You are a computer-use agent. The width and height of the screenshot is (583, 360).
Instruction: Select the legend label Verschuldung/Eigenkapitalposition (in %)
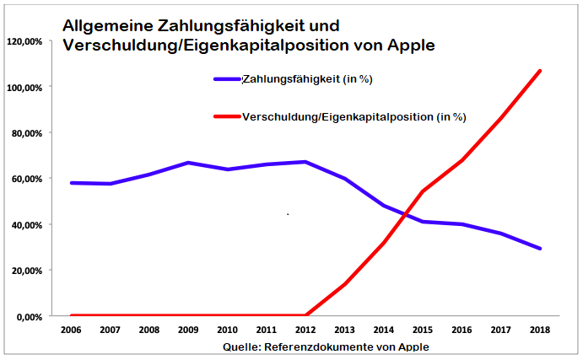click(354, 116)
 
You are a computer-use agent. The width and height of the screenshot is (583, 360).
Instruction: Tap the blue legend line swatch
click(228, 79)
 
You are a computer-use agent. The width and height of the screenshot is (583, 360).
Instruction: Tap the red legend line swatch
click(228, 116)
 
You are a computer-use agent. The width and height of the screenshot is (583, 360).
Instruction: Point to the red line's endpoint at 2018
click(540, 71)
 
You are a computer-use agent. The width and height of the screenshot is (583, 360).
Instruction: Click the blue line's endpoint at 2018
click(540, 249)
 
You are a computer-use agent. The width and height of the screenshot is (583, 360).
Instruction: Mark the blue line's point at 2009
click(188, 163)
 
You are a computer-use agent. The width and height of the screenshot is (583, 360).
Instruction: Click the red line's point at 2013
click(345, 283)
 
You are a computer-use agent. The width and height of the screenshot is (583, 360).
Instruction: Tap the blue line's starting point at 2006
click(71, 182)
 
